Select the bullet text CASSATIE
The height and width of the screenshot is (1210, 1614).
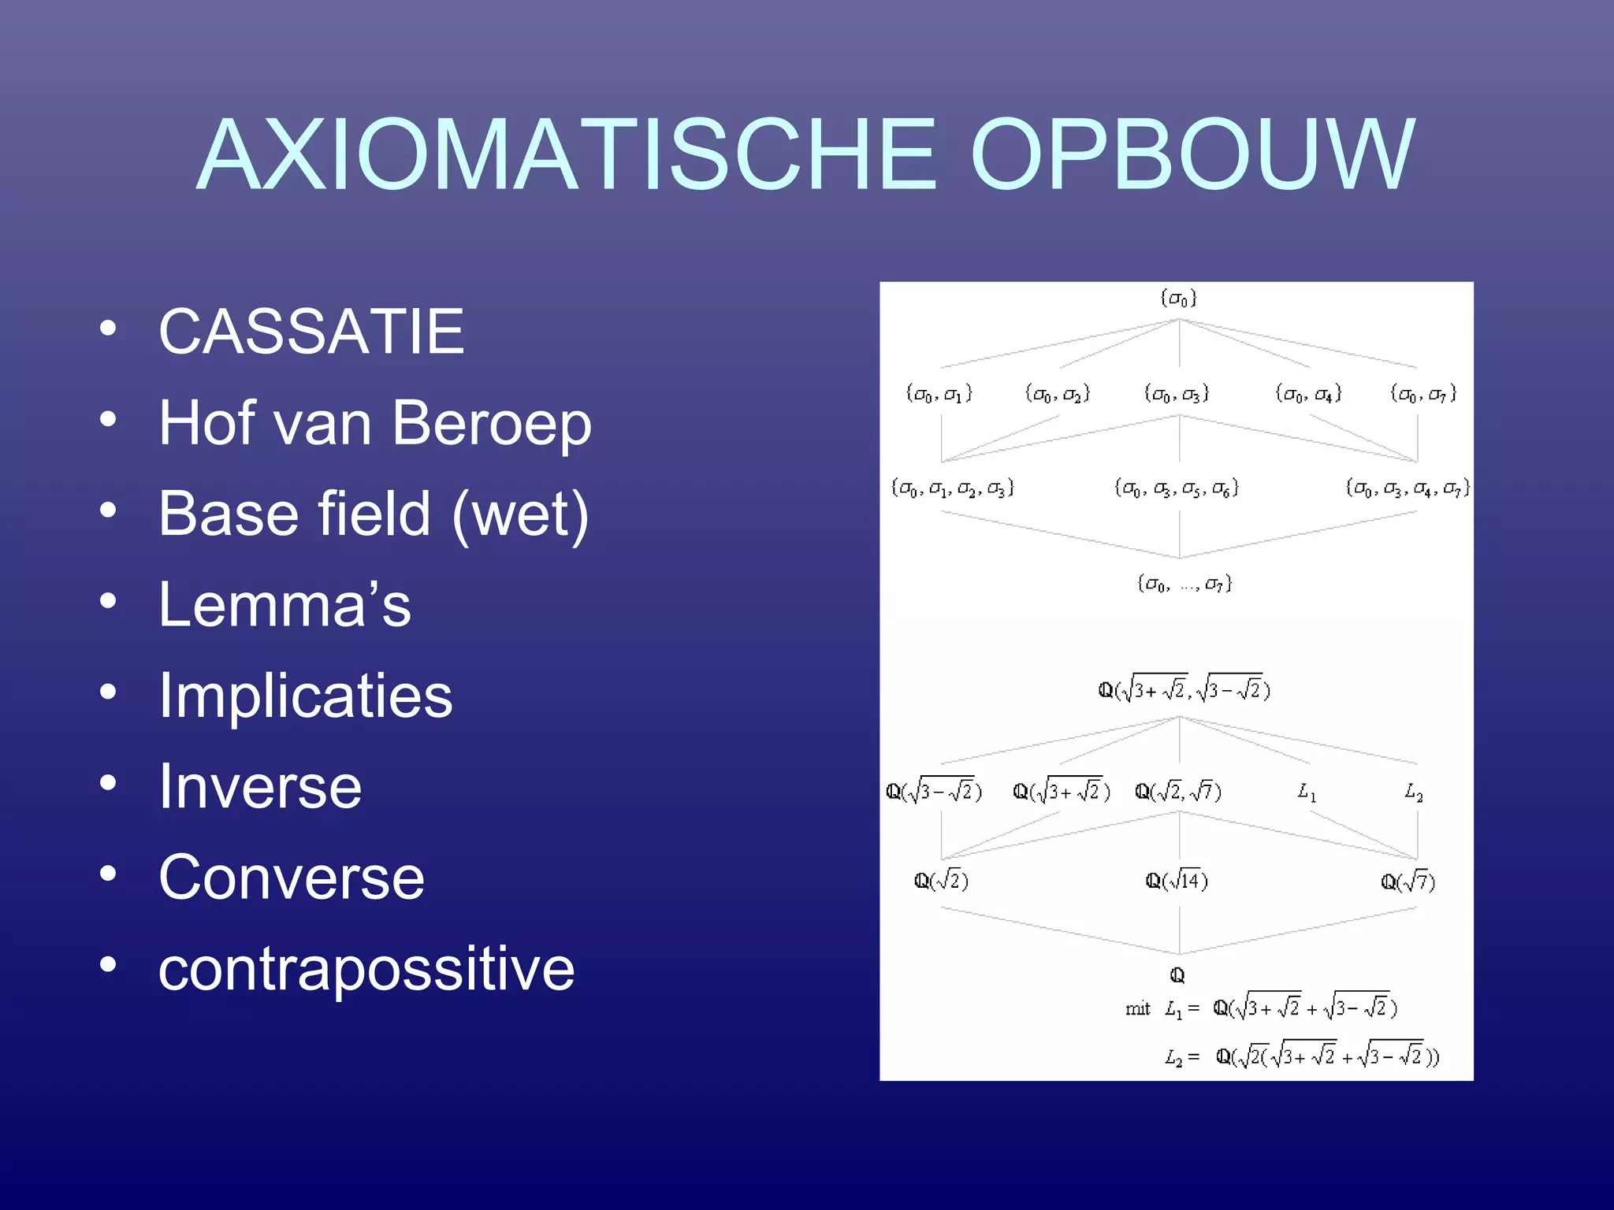pos(311,332)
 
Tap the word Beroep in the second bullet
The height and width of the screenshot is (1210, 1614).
pos(492,424)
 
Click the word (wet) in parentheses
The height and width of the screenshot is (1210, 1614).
pos(520,514)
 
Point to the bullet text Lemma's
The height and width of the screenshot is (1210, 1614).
pos(284,605)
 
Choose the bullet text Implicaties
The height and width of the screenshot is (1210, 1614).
pos(306,696)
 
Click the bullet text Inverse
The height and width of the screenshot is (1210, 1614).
pos(260,787)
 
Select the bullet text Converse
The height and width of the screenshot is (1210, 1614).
pos(292,878)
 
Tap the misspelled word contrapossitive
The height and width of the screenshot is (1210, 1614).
pos(366,969)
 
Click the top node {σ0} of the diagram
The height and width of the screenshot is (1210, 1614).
pos(1178,299)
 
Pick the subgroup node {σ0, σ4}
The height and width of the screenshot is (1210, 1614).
pos(1308,393)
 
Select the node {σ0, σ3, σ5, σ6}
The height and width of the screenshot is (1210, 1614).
pos(1177,488)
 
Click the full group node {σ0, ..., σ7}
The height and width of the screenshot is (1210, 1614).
pos(1184,584)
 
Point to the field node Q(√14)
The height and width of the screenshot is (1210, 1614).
pos(1177,881)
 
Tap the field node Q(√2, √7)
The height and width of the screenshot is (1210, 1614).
pos(1178,791)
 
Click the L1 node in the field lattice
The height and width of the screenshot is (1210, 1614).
pos(1307,791)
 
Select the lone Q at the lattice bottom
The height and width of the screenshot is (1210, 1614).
pos(1177,975)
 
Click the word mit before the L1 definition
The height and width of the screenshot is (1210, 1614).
pos(1137,1009)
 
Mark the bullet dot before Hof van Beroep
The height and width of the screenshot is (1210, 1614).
pos(109,419)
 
